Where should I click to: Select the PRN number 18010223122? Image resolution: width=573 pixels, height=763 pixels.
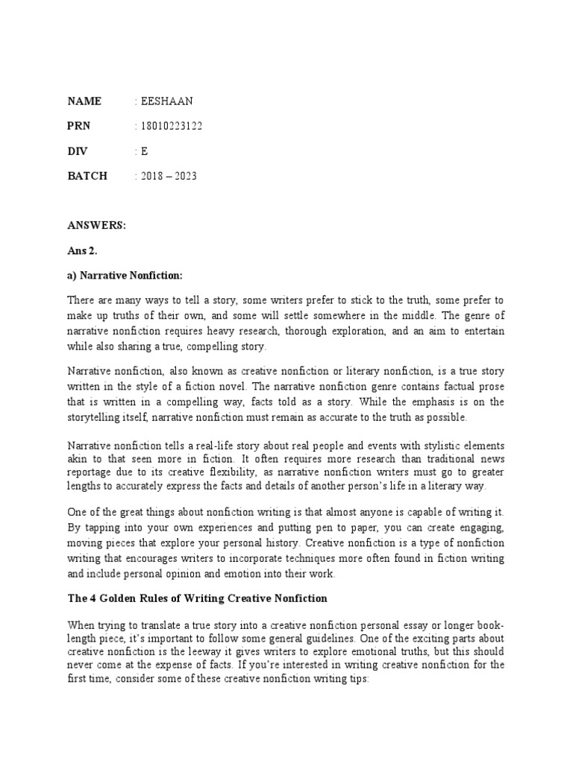pyautogui.click(x=171, y=126)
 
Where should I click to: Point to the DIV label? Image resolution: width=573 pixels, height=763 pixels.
pyautogui.click(x=78, y=151)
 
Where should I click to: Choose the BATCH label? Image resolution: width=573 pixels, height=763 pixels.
pyautogui.click(x=87, y=176)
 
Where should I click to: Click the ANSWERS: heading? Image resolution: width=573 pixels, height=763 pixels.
pyautogui.click(x=96, y=227)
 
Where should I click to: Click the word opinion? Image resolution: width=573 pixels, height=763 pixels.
pyautogui.click(x=196, y=574)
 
